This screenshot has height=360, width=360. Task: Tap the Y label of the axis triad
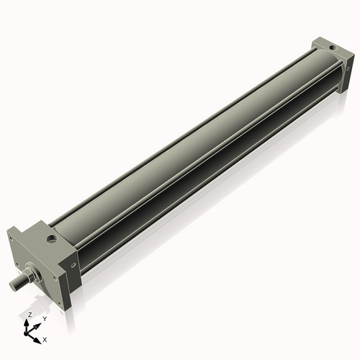click(x=45, y=319)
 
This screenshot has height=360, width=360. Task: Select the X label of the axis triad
click(x=45, y=338)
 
